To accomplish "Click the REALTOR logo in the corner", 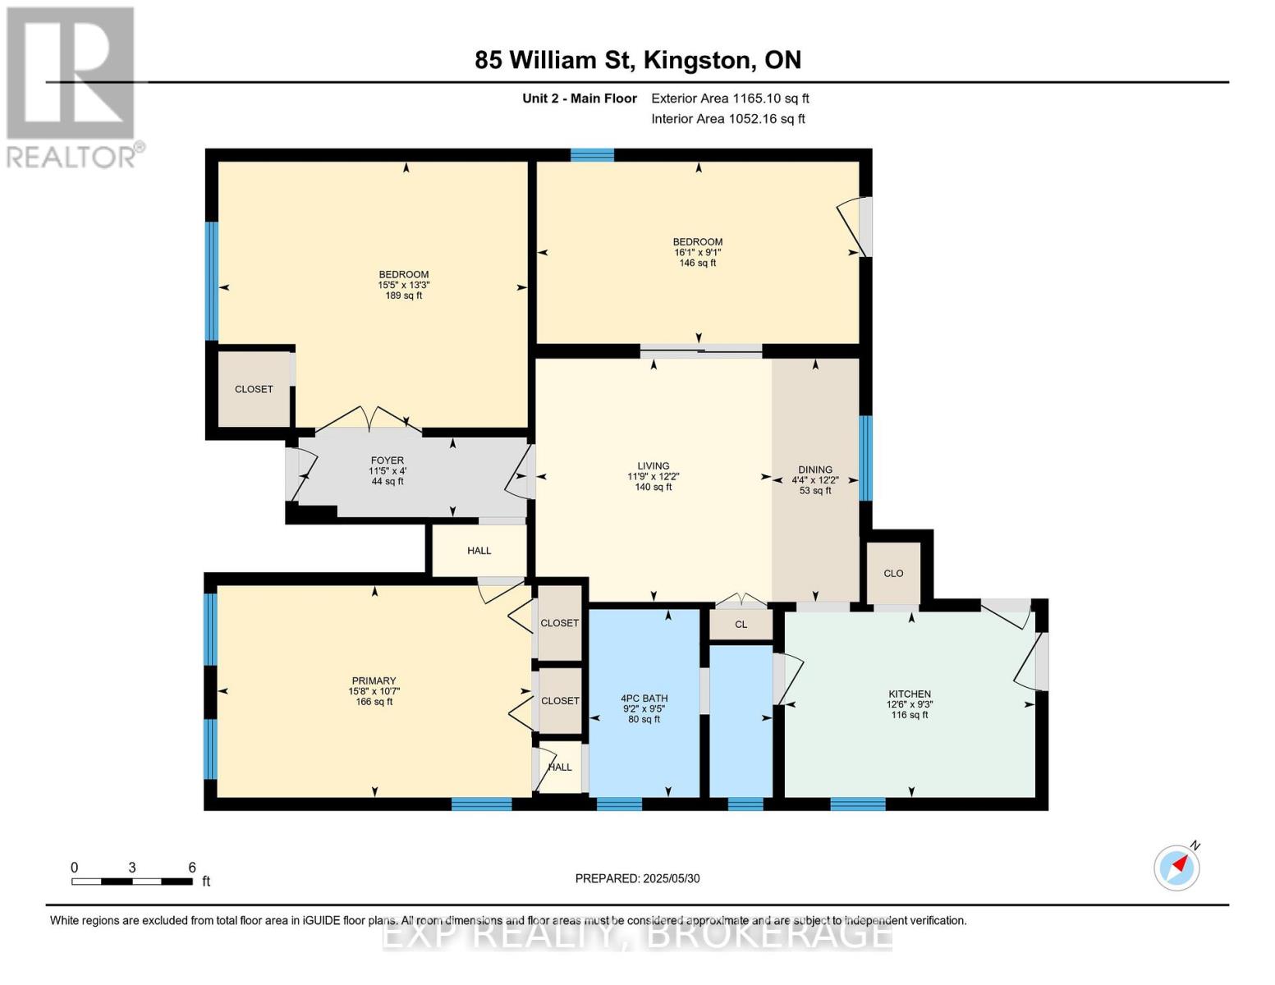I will (72, 86).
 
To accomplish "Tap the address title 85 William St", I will (637, 60).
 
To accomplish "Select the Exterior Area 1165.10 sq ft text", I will (730, 98).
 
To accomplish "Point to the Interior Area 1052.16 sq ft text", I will (727, 119).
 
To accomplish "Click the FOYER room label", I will (387, 460).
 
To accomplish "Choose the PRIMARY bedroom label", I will (374, 680).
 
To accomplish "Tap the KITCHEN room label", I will (909, 694).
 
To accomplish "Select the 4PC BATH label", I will (644, 699).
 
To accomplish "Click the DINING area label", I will (814, 470).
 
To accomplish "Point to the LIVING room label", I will (654, 465).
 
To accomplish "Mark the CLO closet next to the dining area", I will (893, 573).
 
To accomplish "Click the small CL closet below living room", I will (741, 625).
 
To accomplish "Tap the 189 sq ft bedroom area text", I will (403, 295).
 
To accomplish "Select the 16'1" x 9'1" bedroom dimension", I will (697, 253).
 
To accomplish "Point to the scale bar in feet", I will (132, 881).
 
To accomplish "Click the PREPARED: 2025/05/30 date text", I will (637, 878).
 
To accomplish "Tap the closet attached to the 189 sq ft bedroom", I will (254, 389).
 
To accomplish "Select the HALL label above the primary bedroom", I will (479, 551).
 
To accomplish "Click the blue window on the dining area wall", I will (865, 458).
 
